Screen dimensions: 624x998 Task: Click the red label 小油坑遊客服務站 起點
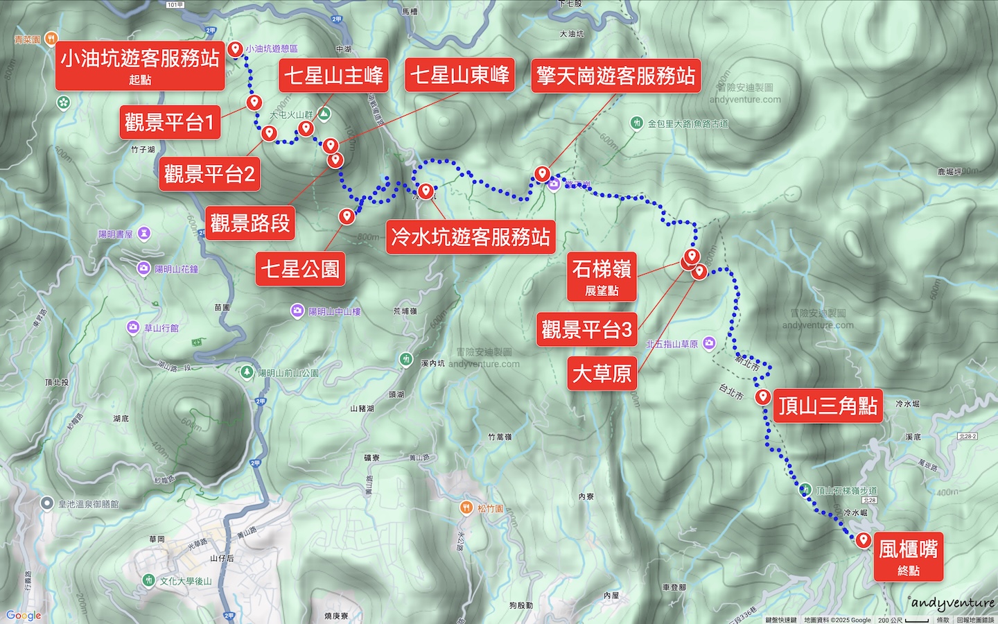click(140, 65)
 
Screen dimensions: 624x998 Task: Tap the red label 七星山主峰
click(333, 75)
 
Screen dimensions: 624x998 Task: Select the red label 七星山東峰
click(459, 75)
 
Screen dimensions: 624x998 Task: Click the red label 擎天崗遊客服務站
click(615, 76)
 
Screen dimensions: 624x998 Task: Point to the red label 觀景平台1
click(170, 123)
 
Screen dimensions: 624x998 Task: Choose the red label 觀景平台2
click(209, 174)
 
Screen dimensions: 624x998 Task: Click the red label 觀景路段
click(249, 223)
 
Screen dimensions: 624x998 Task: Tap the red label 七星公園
click(300, 269)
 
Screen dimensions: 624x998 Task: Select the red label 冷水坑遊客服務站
click(471, 237)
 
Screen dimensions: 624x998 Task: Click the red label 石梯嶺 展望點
click(602, 276)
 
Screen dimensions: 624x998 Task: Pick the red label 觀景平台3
click(586, 329)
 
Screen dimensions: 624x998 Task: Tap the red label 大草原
click(602, 374)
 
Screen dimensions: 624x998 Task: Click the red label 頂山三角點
click(828, 406)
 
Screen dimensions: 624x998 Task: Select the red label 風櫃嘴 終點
click(908, 557)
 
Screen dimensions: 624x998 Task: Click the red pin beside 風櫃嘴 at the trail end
click(863, 539)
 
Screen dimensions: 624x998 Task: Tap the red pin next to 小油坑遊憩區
click(236, 49)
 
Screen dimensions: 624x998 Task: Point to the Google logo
click(24, 615)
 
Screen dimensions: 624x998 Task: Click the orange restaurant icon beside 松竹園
click(466, 508)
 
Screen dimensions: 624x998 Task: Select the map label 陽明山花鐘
click(176, 269)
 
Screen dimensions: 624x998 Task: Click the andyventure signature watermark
click(952, 603)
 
